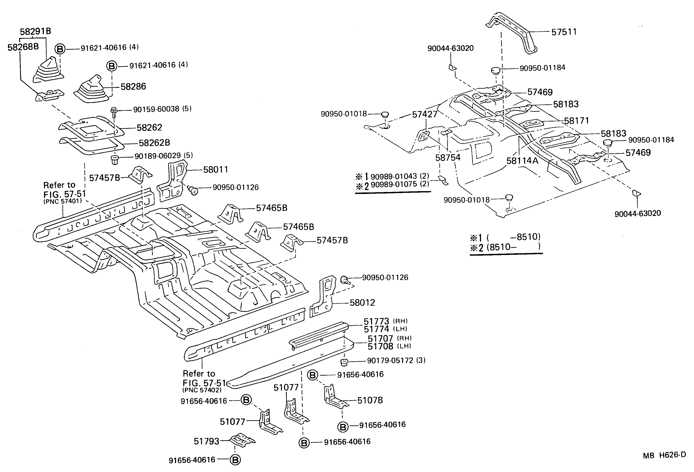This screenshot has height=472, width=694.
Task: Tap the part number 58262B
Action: (x=154, y=143)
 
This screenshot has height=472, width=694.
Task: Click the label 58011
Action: (x=215, y=170)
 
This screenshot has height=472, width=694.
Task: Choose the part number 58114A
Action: (x=522, y=161)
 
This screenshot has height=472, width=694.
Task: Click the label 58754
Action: (x=448, y=158)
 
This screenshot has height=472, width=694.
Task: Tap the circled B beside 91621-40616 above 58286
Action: (x=112, y=66)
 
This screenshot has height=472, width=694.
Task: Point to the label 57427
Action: (x=424, y=114)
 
